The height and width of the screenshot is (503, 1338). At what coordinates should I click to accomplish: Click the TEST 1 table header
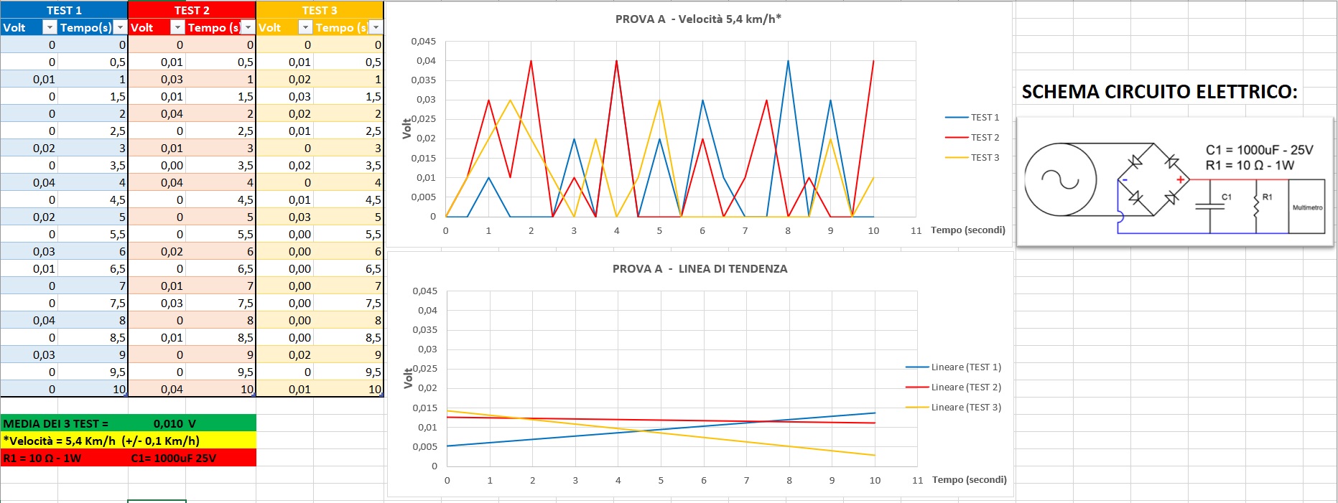click(64, 10)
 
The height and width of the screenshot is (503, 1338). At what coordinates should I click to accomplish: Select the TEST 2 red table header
click(192, 10)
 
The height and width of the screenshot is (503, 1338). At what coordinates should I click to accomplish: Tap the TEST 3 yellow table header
click(320, 10)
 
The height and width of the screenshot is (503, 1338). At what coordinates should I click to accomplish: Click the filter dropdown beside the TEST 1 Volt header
click(50, 27)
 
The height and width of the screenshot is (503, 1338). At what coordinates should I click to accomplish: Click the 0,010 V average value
click(175, 423)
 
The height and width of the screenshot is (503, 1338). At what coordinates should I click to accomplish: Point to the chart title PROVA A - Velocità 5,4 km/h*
click(697, 19)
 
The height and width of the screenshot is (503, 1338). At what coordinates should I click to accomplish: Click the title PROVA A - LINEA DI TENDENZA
click(700, 269)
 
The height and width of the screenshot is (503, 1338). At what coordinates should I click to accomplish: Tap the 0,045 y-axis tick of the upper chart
click(423, 42)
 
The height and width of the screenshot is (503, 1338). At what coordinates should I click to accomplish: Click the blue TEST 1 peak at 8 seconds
click(788, 61)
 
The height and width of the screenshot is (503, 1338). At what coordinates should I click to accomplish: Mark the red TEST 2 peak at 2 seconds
click(531, 61)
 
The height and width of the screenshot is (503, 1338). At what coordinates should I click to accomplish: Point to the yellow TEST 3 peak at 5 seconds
click(659, 100)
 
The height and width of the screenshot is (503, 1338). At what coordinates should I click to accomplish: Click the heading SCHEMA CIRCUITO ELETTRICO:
click(1159, 92)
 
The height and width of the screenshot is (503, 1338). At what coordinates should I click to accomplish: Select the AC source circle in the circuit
click(1060, 179)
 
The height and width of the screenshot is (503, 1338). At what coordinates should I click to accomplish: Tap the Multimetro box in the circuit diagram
click(1306, 207)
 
